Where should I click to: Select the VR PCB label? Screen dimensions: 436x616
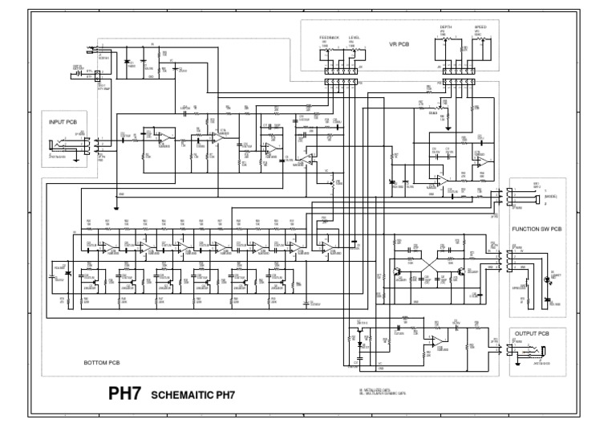coord(399,44)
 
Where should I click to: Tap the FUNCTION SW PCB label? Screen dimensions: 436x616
coord(536,230)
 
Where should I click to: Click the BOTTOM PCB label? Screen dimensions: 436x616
coord(101,363)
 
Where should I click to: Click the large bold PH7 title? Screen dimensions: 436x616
coord(125,394)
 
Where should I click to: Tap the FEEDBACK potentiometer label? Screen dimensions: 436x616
coord(329,37)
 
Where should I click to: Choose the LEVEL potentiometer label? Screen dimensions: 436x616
coord(355,37)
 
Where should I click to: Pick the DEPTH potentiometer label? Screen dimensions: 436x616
coord(445,27)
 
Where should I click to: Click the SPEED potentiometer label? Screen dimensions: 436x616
coord(480,27)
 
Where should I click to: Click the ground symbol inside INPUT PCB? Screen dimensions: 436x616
coord(75,158)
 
